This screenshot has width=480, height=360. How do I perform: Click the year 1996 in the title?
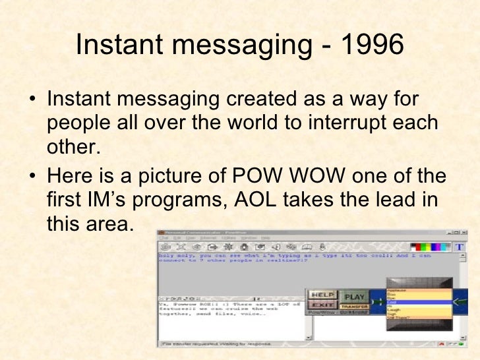(371, 45)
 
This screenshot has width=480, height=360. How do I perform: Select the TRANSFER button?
(355, 306)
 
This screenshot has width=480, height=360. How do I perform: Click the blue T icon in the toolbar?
(460, 247)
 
